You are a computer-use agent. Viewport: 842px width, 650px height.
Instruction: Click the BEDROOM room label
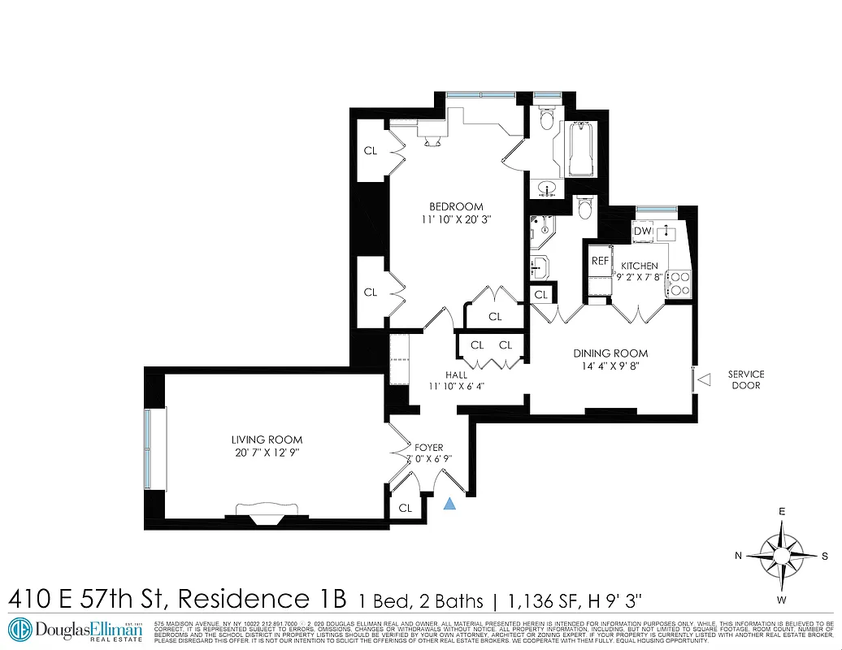pos(456,206)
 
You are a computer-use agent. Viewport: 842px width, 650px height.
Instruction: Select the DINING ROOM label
pos(610,353)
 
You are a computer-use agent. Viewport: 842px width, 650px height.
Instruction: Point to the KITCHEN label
pos(640,266)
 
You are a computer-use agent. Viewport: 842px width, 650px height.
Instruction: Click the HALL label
pos(456,375)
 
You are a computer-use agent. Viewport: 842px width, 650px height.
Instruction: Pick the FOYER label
pos(429,447)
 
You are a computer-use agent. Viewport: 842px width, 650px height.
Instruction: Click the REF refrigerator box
pos(600,261)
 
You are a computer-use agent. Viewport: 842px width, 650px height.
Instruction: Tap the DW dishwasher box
pos(642,232)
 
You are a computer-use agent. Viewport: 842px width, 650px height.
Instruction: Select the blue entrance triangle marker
pos(449,504)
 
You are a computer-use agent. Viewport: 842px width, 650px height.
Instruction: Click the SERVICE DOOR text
pos(745,379)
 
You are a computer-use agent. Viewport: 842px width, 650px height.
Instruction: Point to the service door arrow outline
pos(705,379)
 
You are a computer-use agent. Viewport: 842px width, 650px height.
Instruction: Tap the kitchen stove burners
pos(678,283)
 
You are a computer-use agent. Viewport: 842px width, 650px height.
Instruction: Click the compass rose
pos(781,556)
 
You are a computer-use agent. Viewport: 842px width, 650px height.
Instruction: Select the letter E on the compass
pos(782,512)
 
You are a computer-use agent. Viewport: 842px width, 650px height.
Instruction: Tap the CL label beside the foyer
pos(405,509)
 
